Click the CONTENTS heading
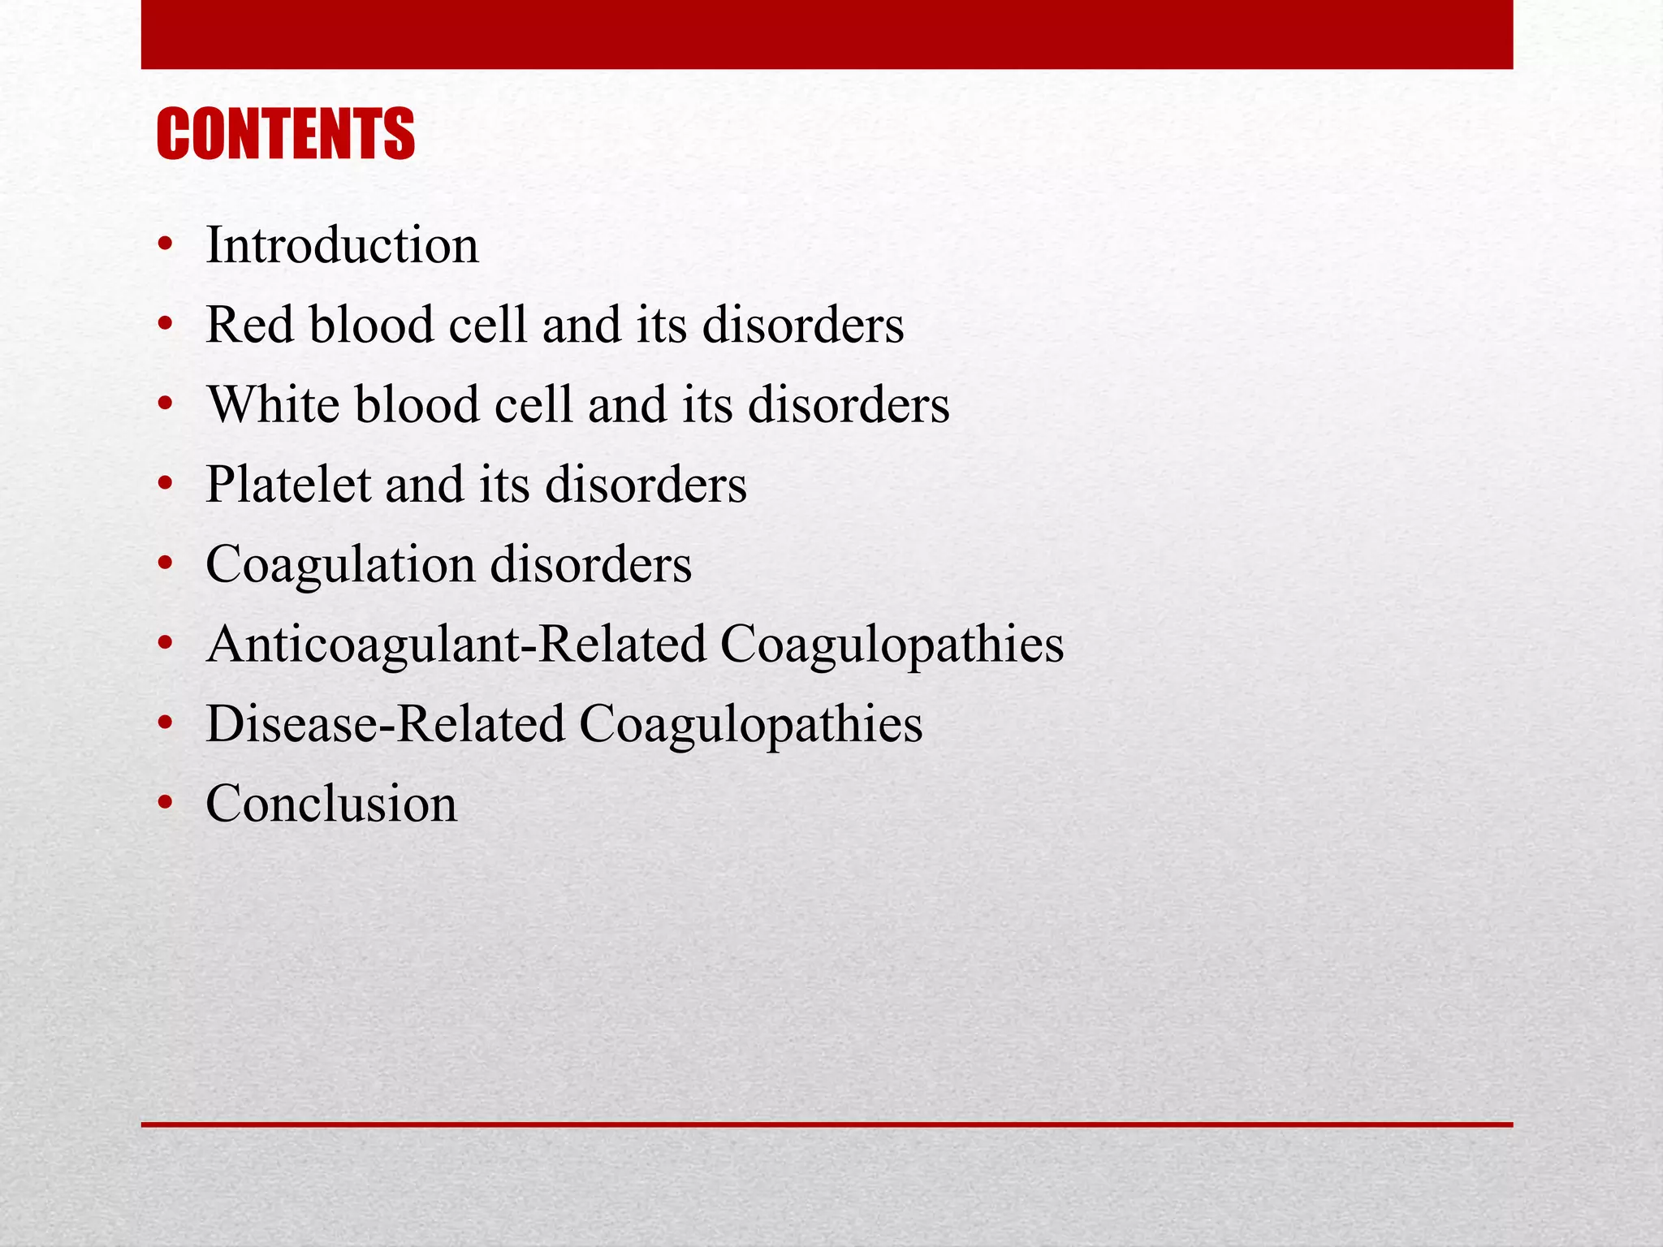pyautogui.click(x=285, y=134)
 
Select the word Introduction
pyautogui.click(x=342, y=245)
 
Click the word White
pyautogui.click(x=273, y=404)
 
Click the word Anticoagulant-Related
pyautogui.click(x=456, y=645)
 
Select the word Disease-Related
pyautogui.click(x=385, y=724)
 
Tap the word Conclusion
pyautogui.click(x=331, y=804)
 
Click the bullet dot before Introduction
pyautogui.click(x=166, y=245)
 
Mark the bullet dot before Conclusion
pyautogui.click(x=166, y=804)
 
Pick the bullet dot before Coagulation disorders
pyautogui.click(x=166, y=564)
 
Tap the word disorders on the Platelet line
pyautogui.click(x=646, y=485)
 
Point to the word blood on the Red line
pyautogui.click(x=372, y=325)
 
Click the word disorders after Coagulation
pyautogui.click(x=591, y=564)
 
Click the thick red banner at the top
pyautogui.click(x=827, y=34)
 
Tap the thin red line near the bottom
pyautogui.click(x=827, y=1124)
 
